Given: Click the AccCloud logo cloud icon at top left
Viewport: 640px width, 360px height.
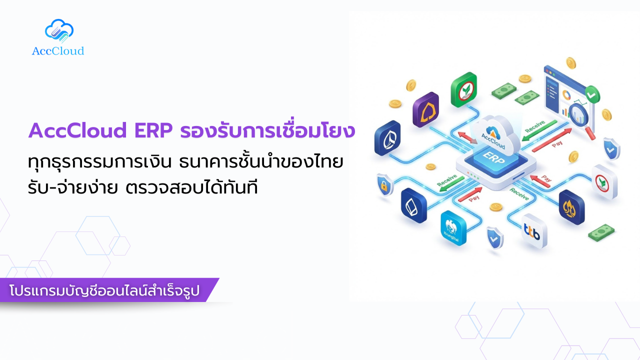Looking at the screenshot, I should coord(59,31).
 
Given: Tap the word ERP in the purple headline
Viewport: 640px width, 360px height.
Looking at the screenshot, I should coord(153,130).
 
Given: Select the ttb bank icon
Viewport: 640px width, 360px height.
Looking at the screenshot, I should coord(533,231).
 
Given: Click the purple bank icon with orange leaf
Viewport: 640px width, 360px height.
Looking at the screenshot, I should coord(425,109).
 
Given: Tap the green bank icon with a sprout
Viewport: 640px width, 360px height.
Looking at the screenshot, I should coord(464,89).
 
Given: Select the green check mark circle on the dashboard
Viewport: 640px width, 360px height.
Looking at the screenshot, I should coord(592,93).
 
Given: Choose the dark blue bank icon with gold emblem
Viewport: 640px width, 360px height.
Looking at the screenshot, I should coord(571,206).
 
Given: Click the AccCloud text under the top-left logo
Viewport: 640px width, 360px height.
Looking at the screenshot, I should coord(58,51).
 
